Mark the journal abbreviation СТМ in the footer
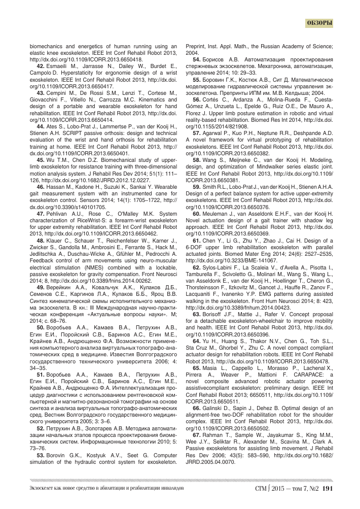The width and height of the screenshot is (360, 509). point(263,489)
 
